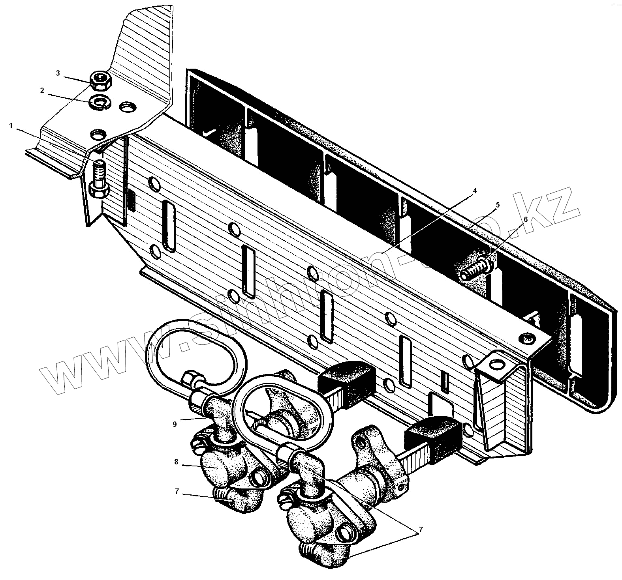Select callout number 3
[x=58, y=73]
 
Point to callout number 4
[x=475, y=191]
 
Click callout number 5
[x=498, y=205]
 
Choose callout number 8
[x=176, y=461]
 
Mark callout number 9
[x=175, y=424]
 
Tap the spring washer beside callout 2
[x=99, y=102]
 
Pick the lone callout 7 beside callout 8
[x=177, y=491]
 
